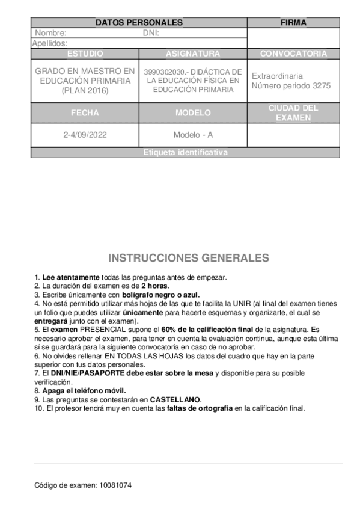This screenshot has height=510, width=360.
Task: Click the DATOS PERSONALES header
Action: point(139,23)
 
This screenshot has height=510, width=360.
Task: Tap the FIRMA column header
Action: point(293,23)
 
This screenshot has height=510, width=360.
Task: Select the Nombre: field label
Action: point(50,34)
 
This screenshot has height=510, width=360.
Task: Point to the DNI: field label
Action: point(151,34)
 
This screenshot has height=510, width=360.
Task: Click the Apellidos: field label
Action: point(50,43)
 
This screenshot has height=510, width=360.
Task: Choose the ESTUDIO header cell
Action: point(85,54)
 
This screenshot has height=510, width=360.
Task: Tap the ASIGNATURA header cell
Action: point(193,54)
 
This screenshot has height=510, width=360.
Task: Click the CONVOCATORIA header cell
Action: point(293,54)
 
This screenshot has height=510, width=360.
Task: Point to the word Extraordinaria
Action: point(277,76)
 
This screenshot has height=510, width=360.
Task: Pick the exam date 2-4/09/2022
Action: point(85,135)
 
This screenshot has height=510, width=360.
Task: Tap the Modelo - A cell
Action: point(193,135)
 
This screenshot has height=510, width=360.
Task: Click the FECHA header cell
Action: point(85,112)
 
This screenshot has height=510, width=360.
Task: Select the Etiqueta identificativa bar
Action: point(185,153)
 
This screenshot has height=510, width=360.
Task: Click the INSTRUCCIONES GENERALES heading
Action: point(189,258)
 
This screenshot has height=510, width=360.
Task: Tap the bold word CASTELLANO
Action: point(175,399)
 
